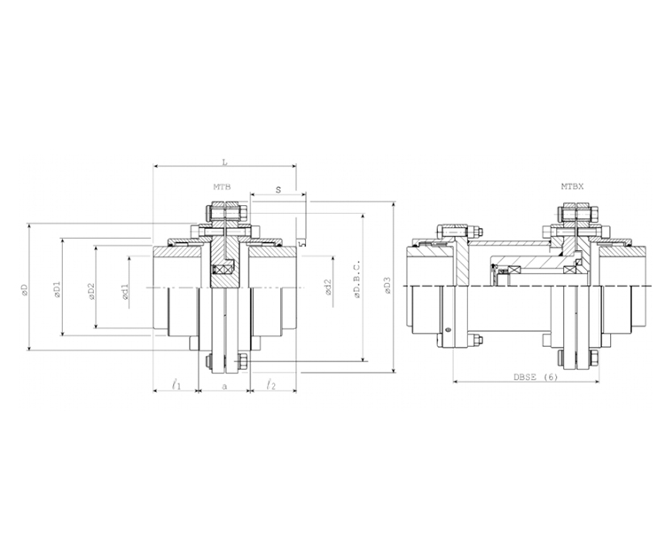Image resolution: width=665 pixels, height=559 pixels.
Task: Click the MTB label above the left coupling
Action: click(x=221, y=187)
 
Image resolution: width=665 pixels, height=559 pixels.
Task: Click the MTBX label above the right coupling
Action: click(x=572, y=187)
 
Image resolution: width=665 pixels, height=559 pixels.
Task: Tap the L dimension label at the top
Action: click(x=224, y=161)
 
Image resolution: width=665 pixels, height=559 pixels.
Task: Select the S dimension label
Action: click(x=278, y=190)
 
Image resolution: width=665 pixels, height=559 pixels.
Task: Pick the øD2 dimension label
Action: click(x=90, y=290)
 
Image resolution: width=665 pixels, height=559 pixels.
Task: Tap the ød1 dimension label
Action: click(x=125, y=291)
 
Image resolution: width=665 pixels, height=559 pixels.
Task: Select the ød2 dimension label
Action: click(x=327, y=287)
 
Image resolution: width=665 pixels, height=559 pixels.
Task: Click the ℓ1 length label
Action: click(x=176, y=384)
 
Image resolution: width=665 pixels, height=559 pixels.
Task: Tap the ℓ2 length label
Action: click(x=271, y=384)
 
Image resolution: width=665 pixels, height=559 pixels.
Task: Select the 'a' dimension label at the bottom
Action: click(x=224, y=387)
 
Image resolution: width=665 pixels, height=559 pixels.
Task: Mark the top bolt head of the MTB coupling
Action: click(x=224, y=213)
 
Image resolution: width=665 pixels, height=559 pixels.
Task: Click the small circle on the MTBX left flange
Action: click(x=448, y=330)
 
